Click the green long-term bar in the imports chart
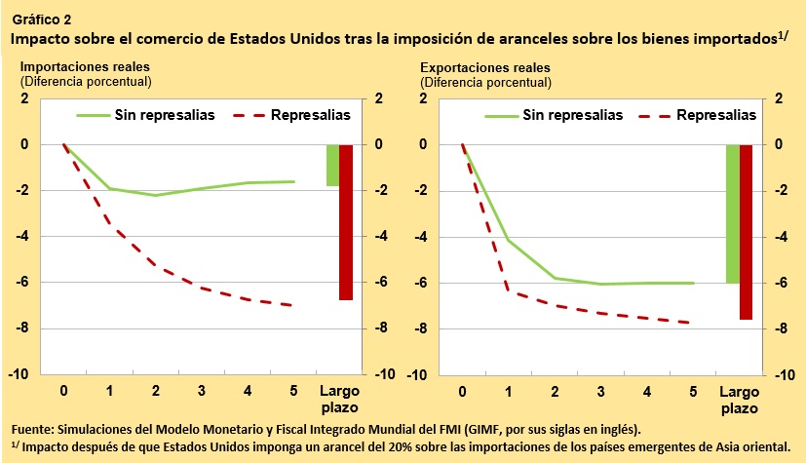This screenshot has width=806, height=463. (x=332, y=165)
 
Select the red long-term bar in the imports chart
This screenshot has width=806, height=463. (x=345, y=221)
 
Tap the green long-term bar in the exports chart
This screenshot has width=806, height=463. (x=732, y=213)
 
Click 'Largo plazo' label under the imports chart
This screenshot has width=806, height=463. (x=340, y=399)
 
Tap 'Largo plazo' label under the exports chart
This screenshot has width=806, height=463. (x=739, y=399)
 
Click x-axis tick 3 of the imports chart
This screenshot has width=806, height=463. (x=202, y=392)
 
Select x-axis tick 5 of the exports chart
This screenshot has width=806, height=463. (x=693, y=392)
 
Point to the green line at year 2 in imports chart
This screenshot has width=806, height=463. (x=156, y=196)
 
